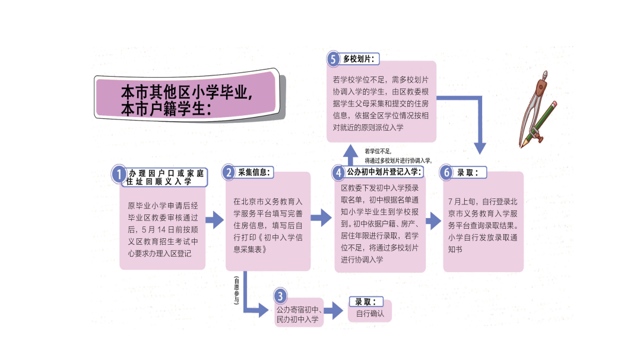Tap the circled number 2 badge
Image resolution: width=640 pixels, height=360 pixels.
(x=229, y=173)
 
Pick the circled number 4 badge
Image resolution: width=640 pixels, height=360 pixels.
(x=338, y=173)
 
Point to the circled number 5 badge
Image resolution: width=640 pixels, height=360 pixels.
(x=334, y=59)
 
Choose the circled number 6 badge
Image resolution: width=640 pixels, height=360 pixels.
(x=446, y=173)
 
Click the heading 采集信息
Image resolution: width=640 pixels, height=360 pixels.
(x=255, y=172)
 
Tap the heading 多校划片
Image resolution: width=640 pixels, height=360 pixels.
(x=359, y=59)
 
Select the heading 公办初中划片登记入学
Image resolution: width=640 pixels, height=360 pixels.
(x=384, y=172)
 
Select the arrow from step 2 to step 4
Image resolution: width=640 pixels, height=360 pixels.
(x=321, y=218)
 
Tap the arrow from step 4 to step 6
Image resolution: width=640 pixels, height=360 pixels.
(x=433, y=220)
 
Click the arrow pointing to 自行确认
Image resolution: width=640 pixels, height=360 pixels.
(x=334, y=311)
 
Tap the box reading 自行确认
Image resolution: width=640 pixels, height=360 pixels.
(x=370, y=313)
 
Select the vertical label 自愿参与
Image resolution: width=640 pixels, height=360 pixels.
(x=236, y=290)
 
